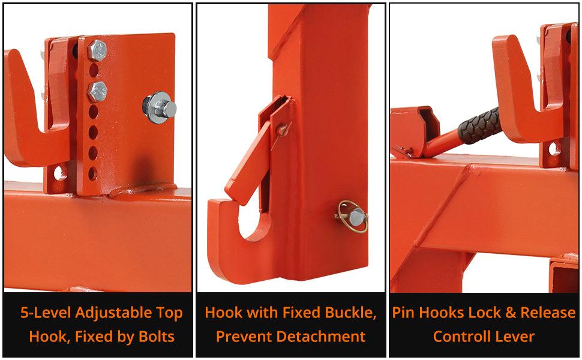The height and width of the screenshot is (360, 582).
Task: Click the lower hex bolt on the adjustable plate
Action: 98,91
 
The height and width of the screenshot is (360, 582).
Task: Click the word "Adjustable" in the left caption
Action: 113,313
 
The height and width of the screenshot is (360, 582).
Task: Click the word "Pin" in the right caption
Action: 403,313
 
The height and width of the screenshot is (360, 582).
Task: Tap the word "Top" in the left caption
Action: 170,313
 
